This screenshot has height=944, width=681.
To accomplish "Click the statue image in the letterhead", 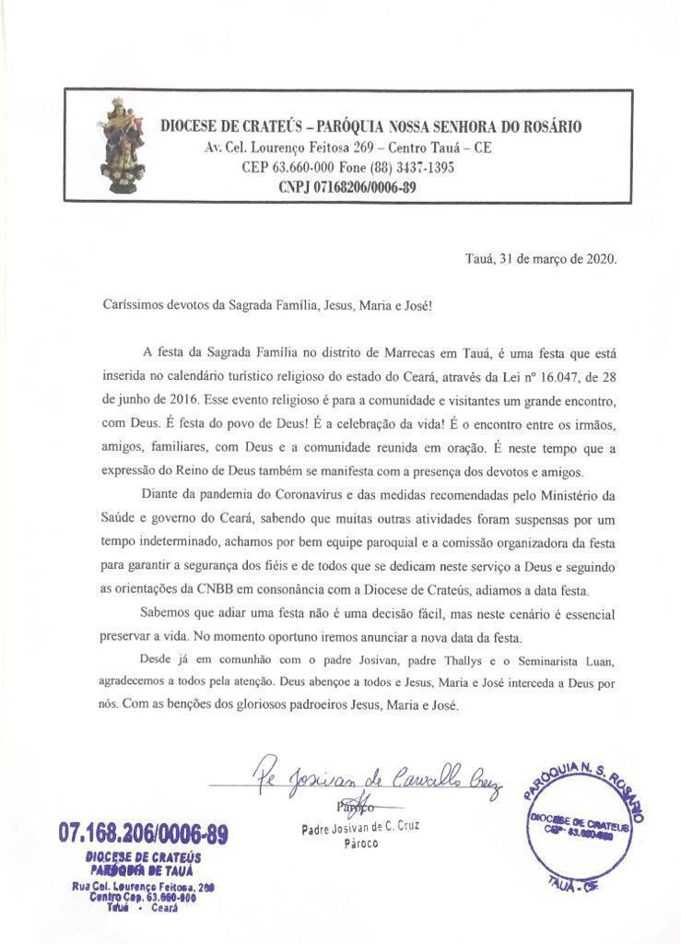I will point(123,145).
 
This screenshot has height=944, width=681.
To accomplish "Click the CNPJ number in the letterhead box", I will point(347,187).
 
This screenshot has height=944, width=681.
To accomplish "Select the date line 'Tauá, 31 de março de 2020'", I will point(540,259).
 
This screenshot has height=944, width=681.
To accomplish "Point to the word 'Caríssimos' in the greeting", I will point(132,304).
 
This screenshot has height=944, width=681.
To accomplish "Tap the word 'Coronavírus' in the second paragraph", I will point(316,496).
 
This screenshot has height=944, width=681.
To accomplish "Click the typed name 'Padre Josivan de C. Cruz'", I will point(360,827).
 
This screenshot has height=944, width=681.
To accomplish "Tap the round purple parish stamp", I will point(582,823).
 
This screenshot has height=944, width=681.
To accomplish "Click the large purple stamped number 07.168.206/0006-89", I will point(143,834).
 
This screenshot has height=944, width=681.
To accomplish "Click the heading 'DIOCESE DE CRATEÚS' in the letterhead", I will point(229,127).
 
